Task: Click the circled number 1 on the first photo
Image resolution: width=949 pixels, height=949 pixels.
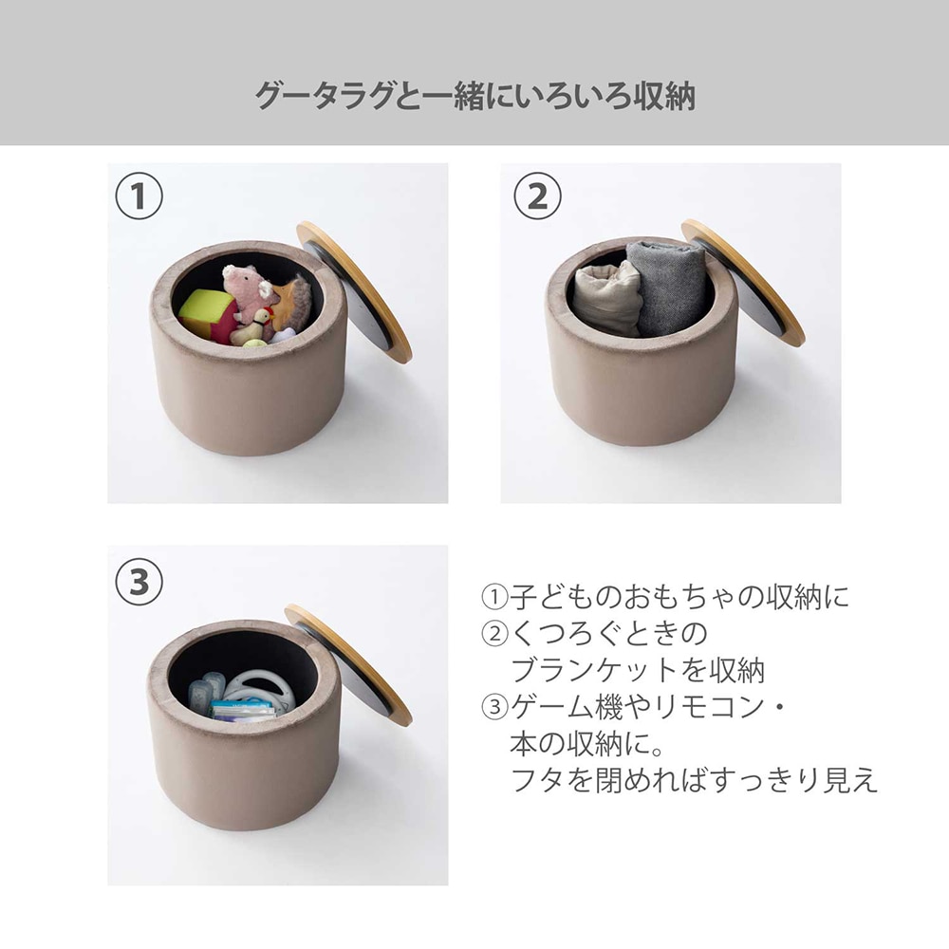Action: tap(139, 196)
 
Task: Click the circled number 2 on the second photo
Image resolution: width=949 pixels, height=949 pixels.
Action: tap(537, 196)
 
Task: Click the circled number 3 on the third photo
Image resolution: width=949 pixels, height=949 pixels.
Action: tap(139, 582)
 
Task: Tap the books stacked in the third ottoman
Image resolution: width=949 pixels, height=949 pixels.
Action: tap(242, 711)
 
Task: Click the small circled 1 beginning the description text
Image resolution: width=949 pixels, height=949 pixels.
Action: tap(494, 597)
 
